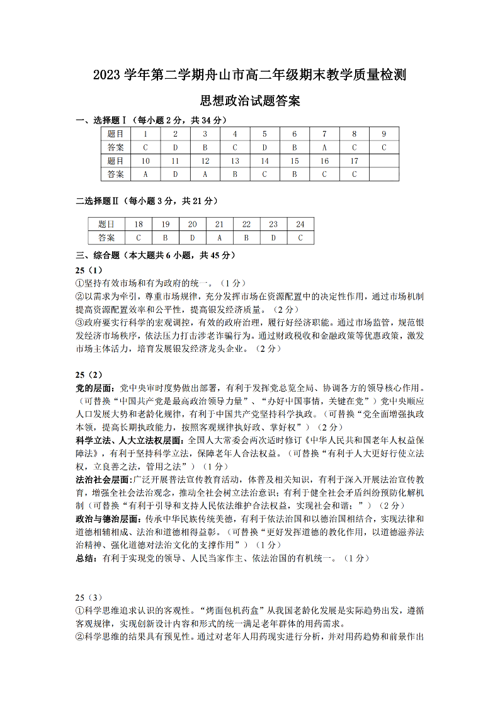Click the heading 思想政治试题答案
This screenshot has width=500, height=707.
[249, 100]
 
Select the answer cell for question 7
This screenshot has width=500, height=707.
[324, 147]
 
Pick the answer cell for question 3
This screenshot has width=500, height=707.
[205, 147]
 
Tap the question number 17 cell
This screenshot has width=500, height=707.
[354, 161]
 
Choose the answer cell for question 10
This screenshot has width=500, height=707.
[145, 174]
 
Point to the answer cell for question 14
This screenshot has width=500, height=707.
[264, 174]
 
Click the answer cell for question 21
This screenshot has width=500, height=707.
[219, 238]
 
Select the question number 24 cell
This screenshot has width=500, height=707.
[300, 224]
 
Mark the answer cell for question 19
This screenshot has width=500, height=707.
[165, 238]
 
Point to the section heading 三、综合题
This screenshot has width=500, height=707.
[97, 256]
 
